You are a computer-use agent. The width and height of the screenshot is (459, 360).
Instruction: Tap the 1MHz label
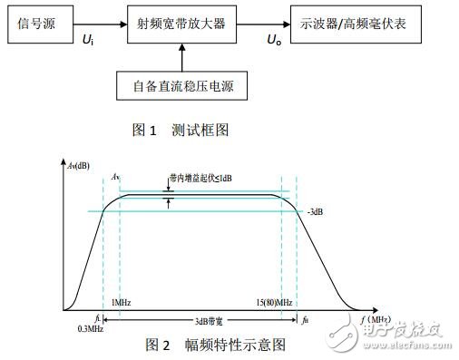pyautogui.click(x=122, y=299)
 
